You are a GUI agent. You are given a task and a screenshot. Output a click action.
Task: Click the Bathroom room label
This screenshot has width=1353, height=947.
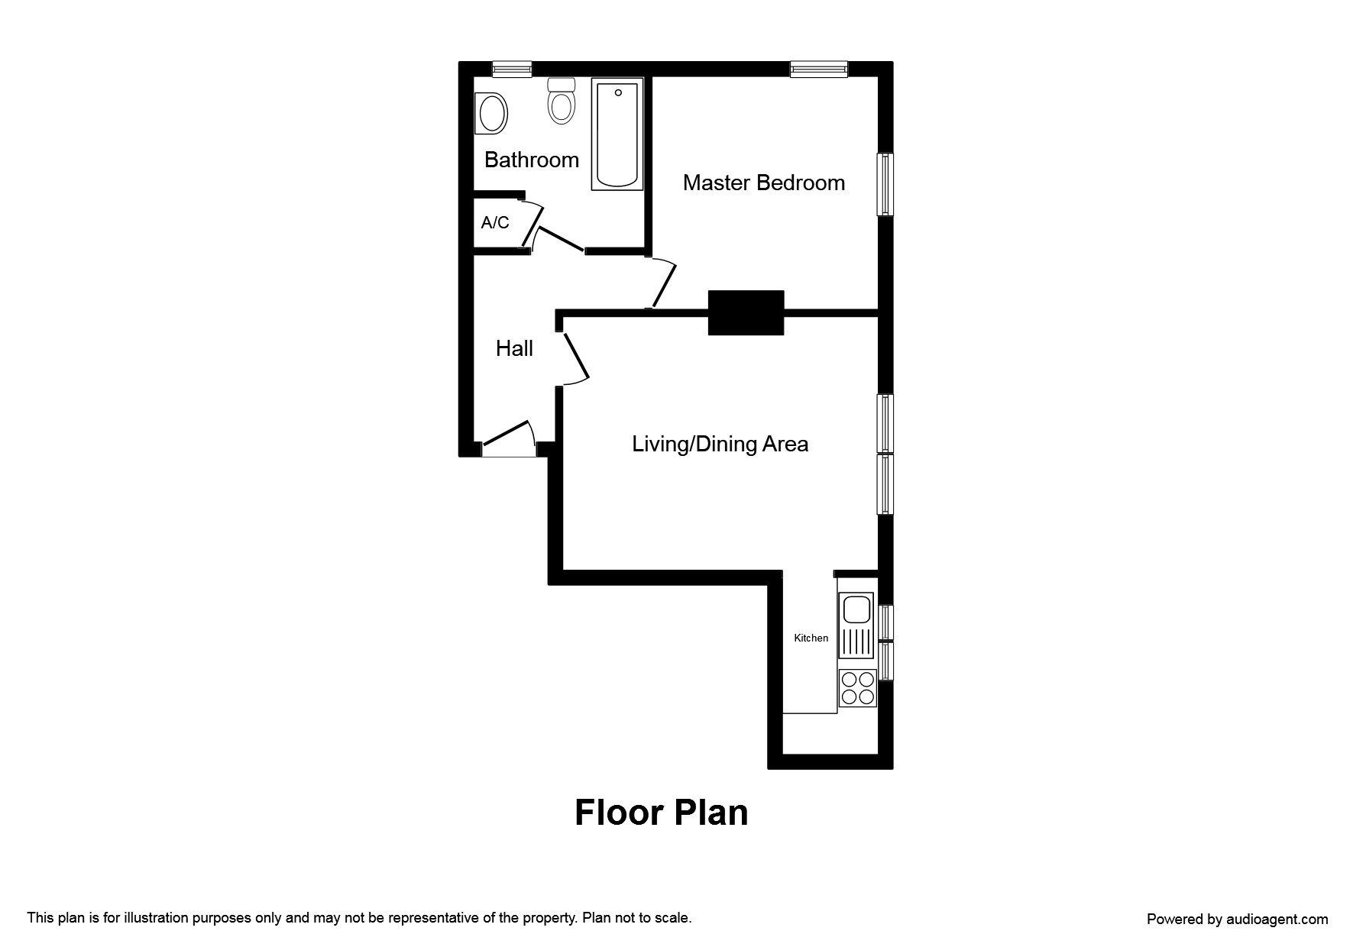coord(532,160)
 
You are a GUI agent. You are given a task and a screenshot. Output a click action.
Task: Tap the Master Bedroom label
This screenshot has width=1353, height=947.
coord(764,183)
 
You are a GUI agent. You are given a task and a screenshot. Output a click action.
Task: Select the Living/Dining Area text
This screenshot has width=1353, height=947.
coord(720,444)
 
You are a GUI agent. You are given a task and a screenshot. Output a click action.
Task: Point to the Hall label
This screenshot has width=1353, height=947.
coord(514,348)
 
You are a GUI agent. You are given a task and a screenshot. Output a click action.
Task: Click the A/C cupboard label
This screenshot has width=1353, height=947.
coord(495,223)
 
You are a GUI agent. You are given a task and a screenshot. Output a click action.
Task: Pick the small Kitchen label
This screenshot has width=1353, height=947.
coord(811,638)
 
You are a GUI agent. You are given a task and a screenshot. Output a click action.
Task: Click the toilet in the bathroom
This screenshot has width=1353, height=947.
coord(562,101)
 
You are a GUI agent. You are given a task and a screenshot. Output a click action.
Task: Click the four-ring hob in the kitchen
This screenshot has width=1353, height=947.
coord(857,687)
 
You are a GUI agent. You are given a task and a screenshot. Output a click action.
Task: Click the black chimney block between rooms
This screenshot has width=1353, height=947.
coord(746,312)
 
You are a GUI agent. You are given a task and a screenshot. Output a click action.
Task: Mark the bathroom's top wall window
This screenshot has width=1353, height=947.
coord(512,69)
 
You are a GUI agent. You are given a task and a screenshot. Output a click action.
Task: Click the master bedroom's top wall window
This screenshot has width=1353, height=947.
coord(819,69)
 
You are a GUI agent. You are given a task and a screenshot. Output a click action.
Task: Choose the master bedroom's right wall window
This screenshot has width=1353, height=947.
coord(885,184)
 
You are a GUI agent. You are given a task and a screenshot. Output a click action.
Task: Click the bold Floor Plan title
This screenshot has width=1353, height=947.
coord(662,813)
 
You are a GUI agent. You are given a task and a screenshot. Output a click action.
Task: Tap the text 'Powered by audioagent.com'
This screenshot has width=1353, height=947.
coord(1238,920)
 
